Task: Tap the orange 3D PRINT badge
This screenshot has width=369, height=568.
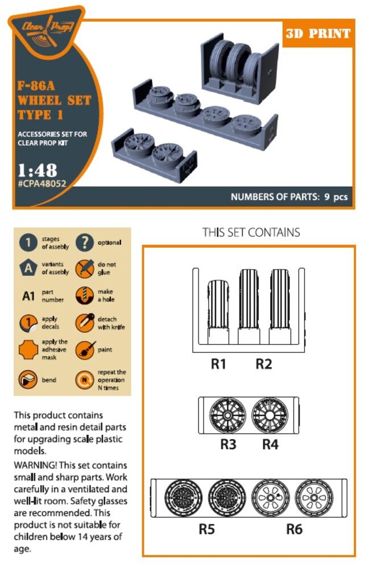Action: coord(318,34)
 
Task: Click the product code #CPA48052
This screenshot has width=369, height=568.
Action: coord(42,183)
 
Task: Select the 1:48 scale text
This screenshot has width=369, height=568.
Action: coord(38,170)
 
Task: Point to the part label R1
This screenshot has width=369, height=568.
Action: coord(218,364)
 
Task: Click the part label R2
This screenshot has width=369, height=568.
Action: coord(263,364)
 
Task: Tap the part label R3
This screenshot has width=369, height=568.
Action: coord(229,444)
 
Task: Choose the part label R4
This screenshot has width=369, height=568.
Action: coord(271,444)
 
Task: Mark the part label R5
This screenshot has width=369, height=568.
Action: coord(206,529)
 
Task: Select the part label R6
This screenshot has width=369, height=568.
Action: coord(295,529)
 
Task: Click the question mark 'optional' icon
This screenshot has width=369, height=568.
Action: coord(85,243)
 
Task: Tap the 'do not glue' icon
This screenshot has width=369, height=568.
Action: coord(85,269)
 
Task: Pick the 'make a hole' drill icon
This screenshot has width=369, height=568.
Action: coord(85,295)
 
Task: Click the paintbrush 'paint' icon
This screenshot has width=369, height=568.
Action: coord(85,350)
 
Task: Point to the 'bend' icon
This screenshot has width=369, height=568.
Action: coord(28,379)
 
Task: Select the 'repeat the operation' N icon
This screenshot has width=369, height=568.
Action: coord(85,379)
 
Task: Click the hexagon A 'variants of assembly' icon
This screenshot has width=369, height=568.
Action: coord(28,268)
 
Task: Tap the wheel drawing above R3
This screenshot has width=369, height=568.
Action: coord(227,415)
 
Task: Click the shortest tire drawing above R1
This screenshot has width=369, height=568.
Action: coord(218,311)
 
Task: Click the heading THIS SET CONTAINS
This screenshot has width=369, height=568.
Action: coord(251,232)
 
